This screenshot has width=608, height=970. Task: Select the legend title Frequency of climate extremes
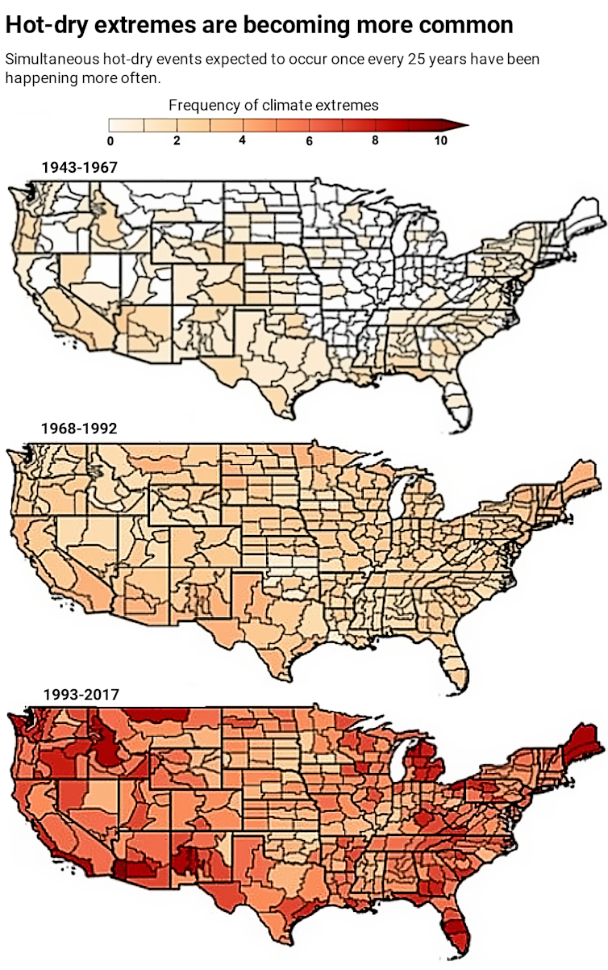[273, 105]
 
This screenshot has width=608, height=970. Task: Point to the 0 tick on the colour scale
[110, 140]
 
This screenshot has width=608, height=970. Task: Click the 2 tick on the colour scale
[177, 140]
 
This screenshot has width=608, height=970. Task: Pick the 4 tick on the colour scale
[243, 140]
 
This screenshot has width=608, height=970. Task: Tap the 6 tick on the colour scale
[309, 140]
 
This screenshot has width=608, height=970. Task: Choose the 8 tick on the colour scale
[375, 140]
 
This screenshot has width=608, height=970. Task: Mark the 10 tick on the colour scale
[439, 140]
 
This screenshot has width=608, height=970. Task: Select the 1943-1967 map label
[79, 168]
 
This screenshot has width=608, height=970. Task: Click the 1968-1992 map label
[79, 428]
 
